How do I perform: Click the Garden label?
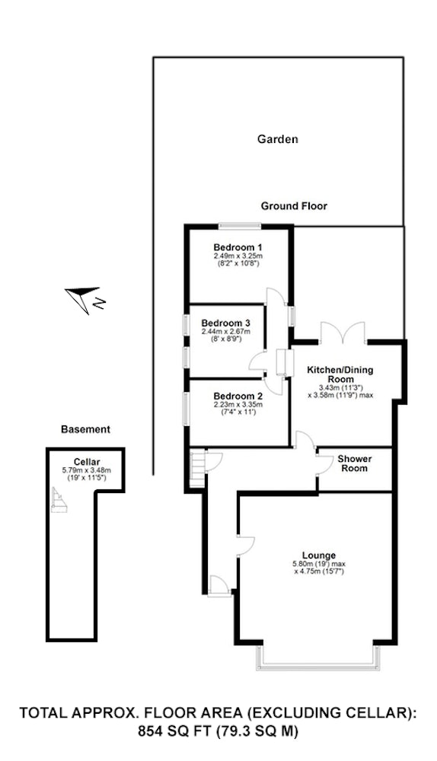277,139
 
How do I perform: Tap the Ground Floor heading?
294,205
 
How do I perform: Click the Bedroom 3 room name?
226,323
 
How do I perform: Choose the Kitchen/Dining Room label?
340,374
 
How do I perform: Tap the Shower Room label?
355,463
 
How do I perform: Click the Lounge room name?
319,556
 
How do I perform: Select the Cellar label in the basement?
87,462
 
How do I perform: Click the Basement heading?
85,429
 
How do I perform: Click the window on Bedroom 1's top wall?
239,225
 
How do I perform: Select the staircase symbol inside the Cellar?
59,500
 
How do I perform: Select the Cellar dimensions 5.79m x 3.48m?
87,470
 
